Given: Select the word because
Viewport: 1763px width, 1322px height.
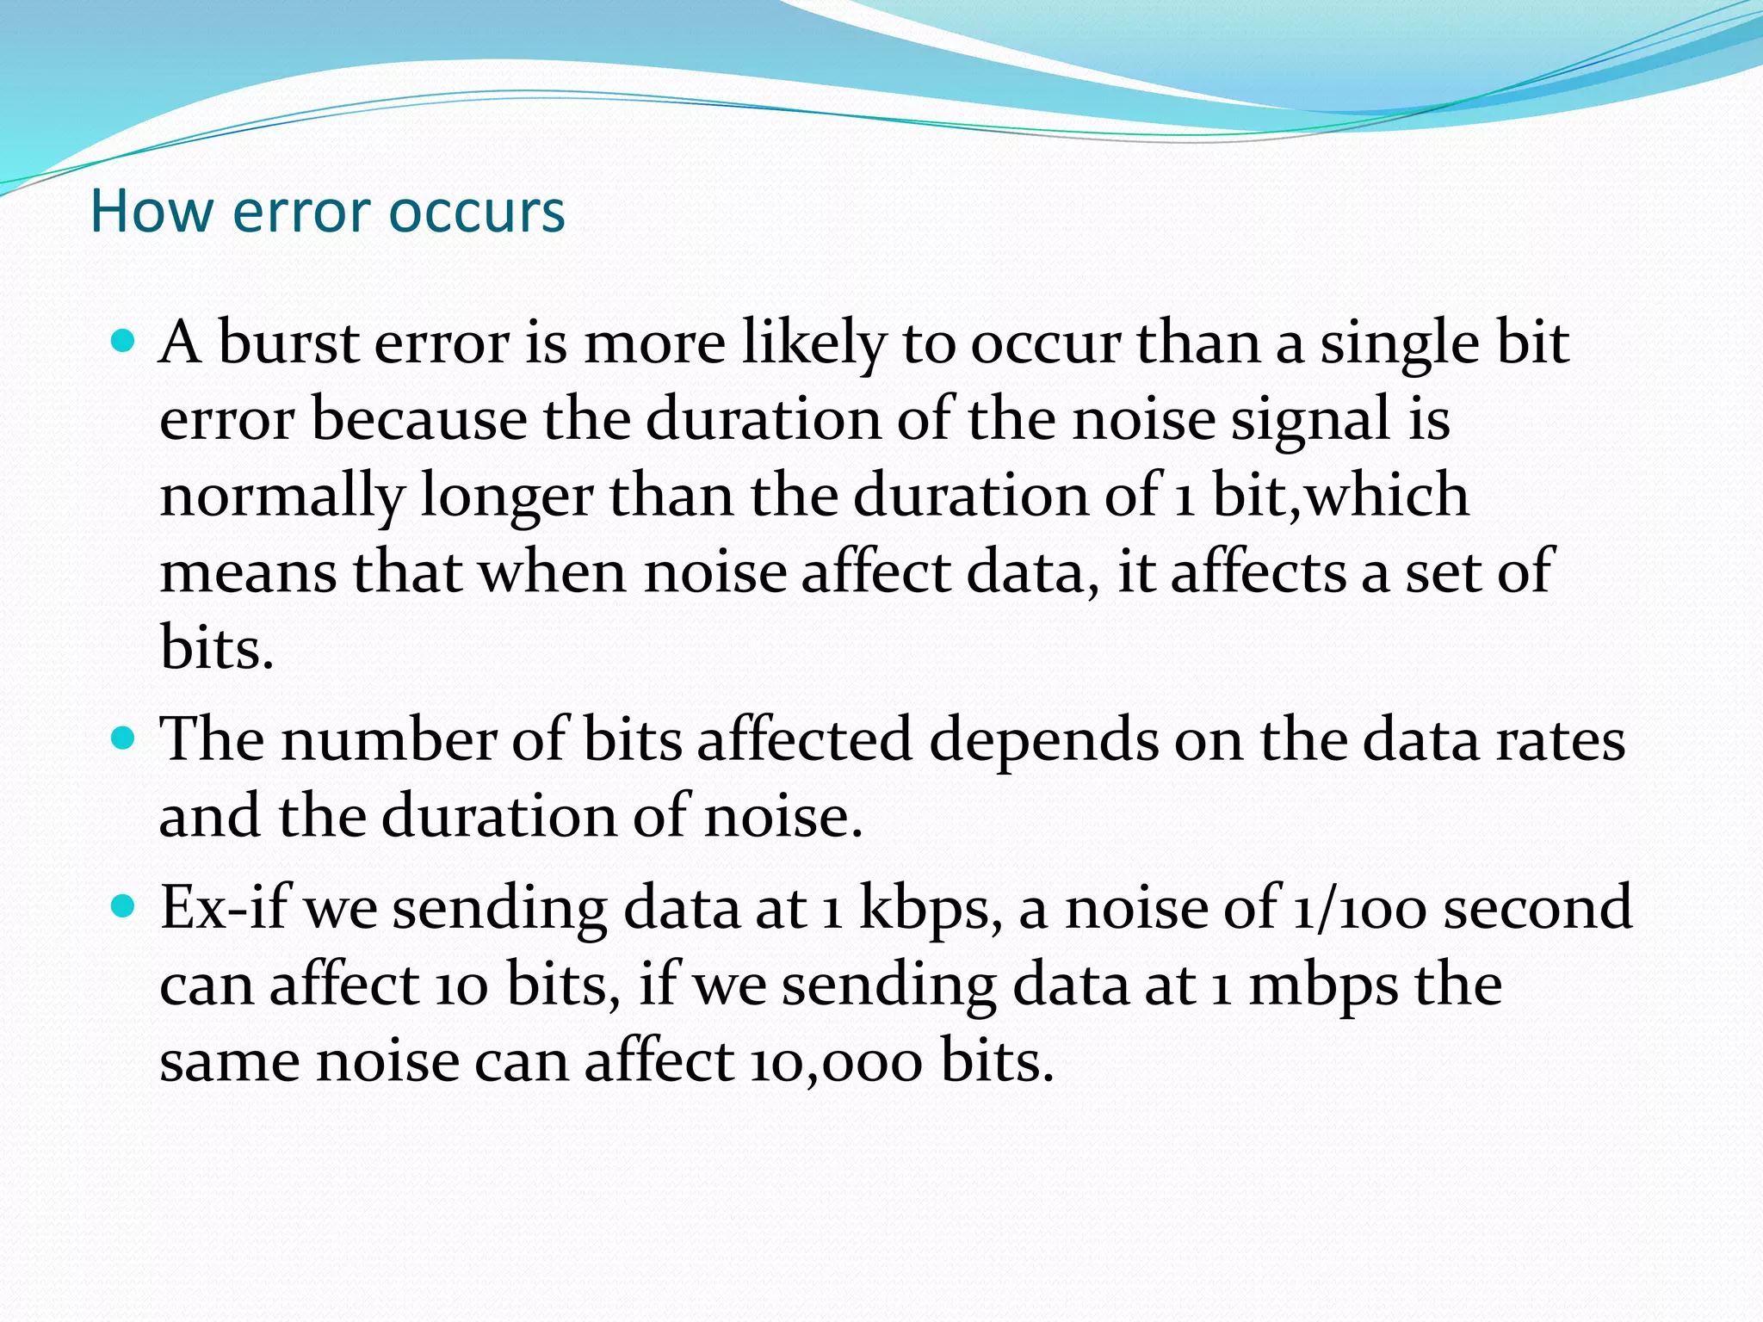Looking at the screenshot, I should pos(419,419).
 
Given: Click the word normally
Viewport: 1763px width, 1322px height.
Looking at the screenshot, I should pos(281,497).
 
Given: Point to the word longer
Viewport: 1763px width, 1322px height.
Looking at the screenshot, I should pos(506,497).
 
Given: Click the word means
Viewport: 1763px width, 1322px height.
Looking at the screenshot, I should pos(249,571).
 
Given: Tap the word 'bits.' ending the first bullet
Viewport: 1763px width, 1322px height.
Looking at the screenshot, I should pos(217,647).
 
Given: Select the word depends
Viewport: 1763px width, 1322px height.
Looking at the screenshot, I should pos(1044,740).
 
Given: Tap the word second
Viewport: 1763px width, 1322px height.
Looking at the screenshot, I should pos(1537,907).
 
